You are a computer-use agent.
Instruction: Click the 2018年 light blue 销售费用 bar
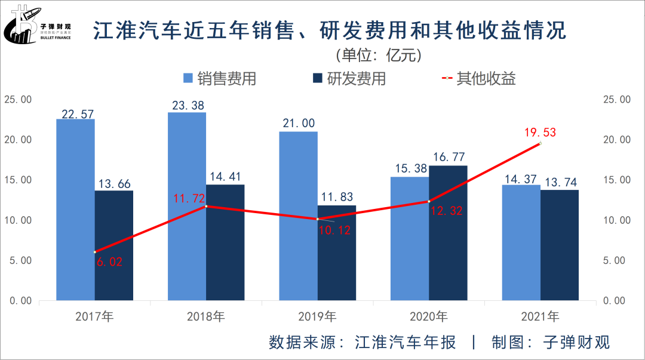coord(187,206)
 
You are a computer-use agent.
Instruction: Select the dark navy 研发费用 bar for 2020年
coord(448,233)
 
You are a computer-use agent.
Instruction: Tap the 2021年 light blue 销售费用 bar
coord(521,242)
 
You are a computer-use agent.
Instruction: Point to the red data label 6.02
coord(109,261)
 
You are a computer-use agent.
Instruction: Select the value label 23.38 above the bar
coord(186,104)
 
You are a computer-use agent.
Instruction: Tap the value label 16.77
coord(448,158)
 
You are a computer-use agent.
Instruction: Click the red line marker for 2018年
coord(206,206)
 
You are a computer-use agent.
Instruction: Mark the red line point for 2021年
coord(540,143)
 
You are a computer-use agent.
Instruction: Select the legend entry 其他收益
coord(478,78)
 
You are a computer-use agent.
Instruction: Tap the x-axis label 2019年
coord(317,316)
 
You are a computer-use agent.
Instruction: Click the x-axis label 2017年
coord(94,316)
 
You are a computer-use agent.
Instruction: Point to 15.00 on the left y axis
coord(18,180)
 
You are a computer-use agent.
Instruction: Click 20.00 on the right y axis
coord(617,140)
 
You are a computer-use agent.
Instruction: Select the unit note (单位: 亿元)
coord(379,56)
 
